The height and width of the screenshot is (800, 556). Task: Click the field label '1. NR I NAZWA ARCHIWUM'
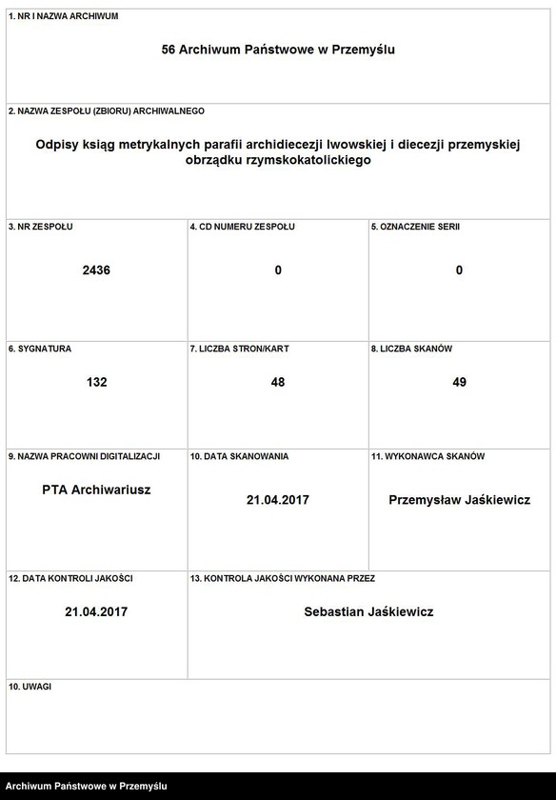63,17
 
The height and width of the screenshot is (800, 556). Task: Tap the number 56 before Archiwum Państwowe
169,49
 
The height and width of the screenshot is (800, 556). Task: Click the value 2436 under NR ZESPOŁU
96,270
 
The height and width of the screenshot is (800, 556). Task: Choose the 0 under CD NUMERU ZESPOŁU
278,270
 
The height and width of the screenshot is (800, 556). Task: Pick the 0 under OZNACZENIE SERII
459,270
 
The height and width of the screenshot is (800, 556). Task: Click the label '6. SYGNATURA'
39,349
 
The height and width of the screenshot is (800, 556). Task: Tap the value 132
96,382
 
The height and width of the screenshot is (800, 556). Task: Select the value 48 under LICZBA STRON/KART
278,382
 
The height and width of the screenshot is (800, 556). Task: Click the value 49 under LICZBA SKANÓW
459,382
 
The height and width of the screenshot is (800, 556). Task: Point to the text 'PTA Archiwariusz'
96,490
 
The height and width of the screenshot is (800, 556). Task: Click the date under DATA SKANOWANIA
278,500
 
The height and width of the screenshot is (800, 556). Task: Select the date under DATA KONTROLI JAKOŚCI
96,611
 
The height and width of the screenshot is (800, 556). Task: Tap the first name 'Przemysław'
426,500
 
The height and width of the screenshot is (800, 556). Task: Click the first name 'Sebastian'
334,611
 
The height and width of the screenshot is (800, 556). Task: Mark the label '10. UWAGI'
30,686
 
